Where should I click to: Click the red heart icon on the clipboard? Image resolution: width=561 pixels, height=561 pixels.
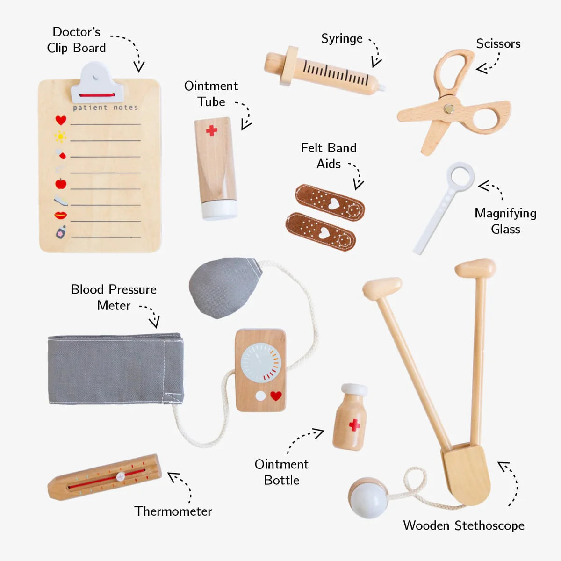pos(61,120)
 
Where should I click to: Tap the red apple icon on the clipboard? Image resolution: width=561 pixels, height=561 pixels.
pos(61,184)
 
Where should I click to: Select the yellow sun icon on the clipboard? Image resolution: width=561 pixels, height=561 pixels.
pos(60,137)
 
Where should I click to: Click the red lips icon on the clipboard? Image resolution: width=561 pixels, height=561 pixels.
pos(61,215)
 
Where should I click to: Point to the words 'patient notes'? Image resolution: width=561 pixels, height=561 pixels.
pos(105,108)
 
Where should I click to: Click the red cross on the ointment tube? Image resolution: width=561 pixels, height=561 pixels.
pos(211,130)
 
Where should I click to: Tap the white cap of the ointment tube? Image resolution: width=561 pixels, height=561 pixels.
pos(219,209)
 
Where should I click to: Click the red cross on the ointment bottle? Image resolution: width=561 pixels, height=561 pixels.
pos(354,425)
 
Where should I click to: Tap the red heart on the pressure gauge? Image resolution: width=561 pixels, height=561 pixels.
pos(276,396)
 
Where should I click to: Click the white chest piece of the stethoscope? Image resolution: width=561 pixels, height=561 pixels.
pos(368,497)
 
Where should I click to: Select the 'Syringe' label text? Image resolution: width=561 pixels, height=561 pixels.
pos(342,39)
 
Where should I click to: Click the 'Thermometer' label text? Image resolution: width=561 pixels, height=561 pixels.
pos(173,511)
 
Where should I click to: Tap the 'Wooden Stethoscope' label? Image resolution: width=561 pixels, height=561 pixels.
pos(463,525)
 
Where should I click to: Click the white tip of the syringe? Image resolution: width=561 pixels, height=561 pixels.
pos(382,87)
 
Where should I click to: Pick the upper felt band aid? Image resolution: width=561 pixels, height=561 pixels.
pos(330,202)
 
